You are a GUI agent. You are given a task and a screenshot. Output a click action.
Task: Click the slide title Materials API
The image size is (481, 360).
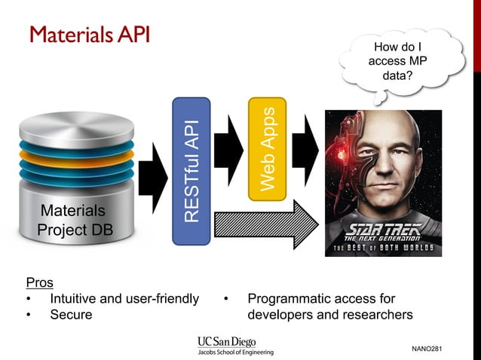pos(89,35)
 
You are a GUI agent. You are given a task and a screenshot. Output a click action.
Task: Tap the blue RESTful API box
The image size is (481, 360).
pos(191,170)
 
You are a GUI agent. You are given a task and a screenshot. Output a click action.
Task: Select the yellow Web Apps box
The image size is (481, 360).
pos(267,149)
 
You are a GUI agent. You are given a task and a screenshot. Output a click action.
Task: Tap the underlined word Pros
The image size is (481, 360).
pos(40,282)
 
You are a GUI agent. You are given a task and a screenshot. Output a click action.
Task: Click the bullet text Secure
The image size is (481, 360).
pos(71,315)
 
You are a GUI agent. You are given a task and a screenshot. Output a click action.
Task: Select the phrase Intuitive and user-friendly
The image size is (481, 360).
pos(124,299)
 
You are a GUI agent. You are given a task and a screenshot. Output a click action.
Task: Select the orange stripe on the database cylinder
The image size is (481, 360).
pos(73,158)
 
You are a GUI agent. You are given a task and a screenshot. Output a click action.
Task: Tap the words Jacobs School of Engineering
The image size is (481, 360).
pos(235,352)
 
